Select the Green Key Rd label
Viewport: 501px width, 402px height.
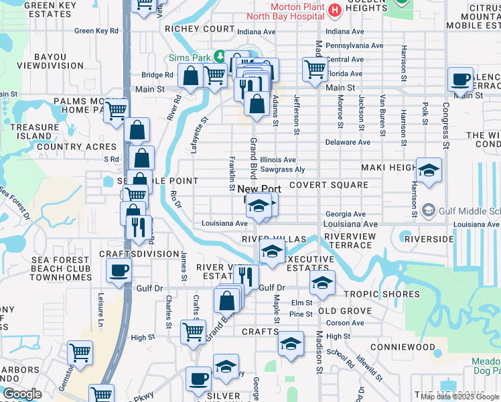pyautogui.click(x=96, y=31)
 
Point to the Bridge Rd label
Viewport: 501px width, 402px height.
pyautogui.click(x=157, y=76)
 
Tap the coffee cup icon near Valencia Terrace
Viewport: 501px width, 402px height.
pyautogui.click(x=460, y=80)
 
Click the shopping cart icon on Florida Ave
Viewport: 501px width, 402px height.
pyautogui.click(x=314, y=68)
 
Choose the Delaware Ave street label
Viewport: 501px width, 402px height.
pyautogui.click(x=348, y=143)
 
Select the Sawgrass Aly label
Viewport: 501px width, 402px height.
pyautogui.click(x=282, y=170)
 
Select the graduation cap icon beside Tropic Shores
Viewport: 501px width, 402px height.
pyautogui.click(x=322, y=282)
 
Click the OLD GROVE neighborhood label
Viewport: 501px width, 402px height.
pyautogui.click(x=344, y=311)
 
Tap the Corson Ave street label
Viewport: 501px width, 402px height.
pyautogui.click(x=346, y=323)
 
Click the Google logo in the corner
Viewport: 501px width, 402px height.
pyautogui.click(x=23, y=394)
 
